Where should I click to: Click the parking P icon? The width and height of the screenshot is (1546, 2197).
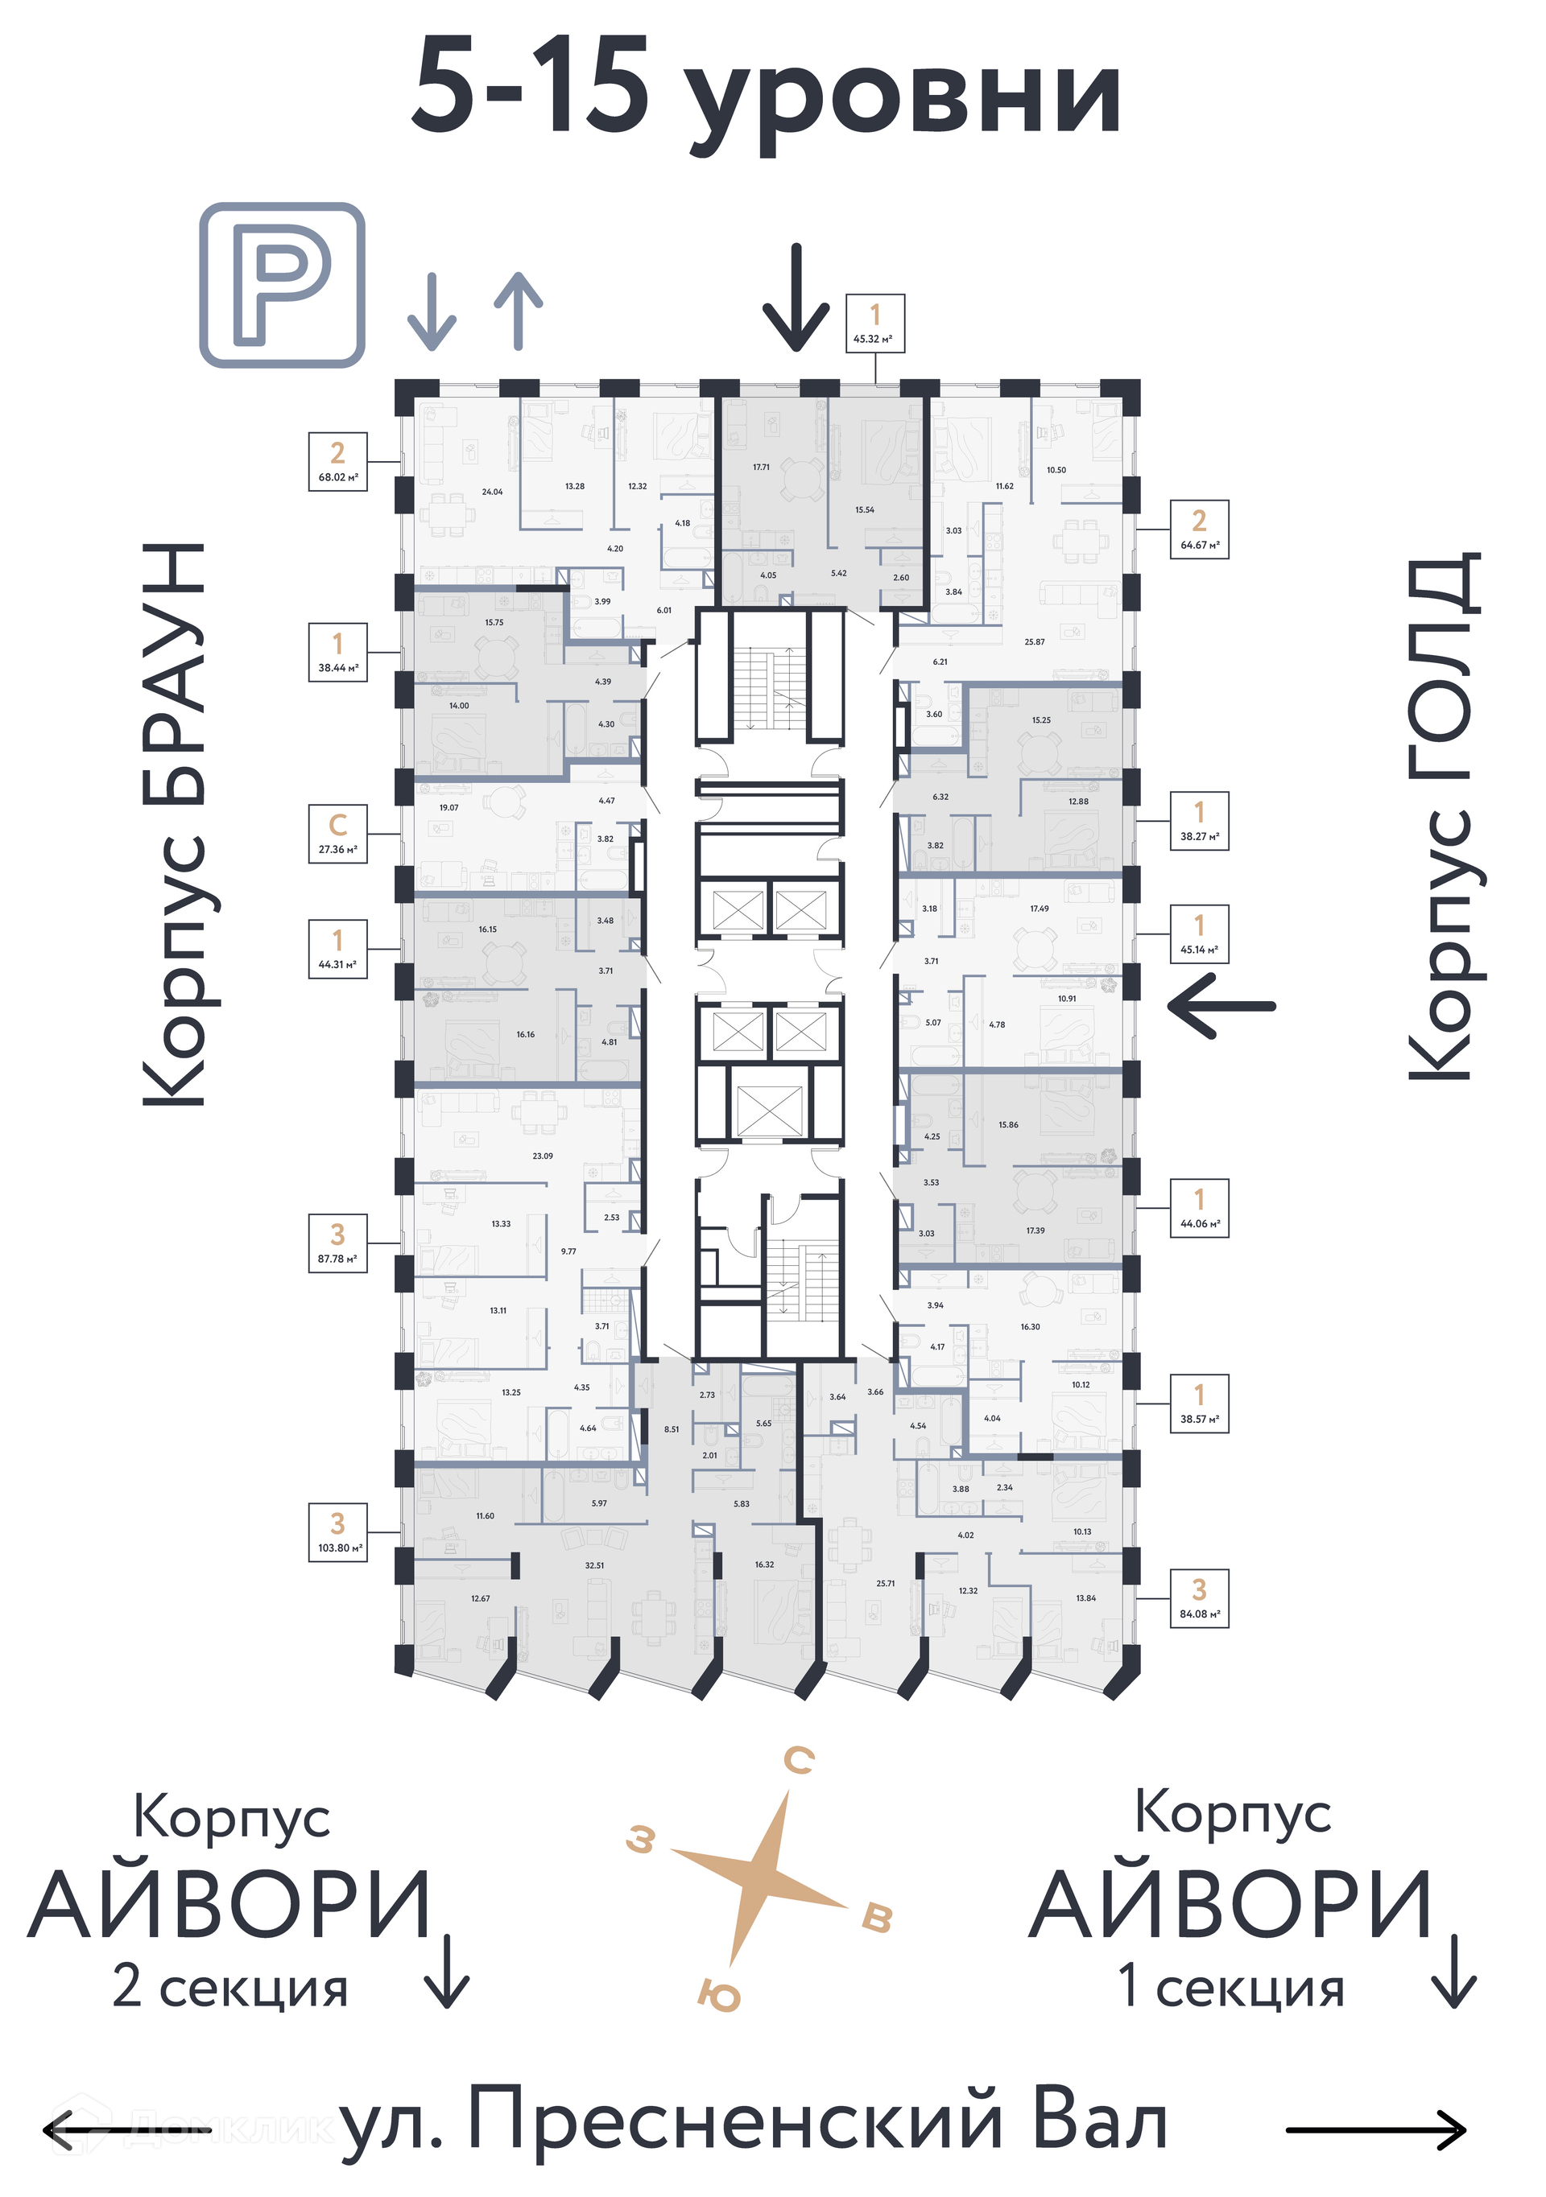click(x=282, y=284)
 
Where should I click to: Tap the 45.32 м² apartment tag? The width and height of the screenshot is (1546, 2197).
click(x=874, y=324)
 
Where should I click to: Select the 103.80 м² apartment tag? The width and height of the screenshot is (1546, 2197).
click(x=337, y=1532)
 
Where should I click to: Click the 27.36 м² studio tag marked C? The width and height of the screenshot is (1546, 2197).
click(x=337, y=834)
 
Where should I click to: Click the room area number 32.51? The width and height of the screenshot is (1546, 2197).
click(x=594, y=1565)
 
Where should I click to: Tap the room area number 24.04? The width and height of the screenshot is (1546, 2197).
click(x=492, y=492)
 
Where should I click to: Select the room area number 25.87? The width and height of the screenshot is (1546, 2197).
click(x=1034, y=642)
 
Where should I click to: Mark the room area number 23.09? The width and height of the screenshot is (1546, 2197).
click(x=542, y=1156)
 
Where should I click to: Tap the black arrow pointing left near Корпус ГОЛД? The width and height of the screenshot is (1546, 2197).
click(x=1222, y=1006)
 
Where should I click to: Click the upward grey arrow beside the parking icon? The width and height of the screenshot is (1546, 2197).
click(x=518, y=309)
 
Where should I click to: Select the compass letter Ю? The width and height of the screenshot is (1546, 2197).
click(x=719, y=1995)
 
